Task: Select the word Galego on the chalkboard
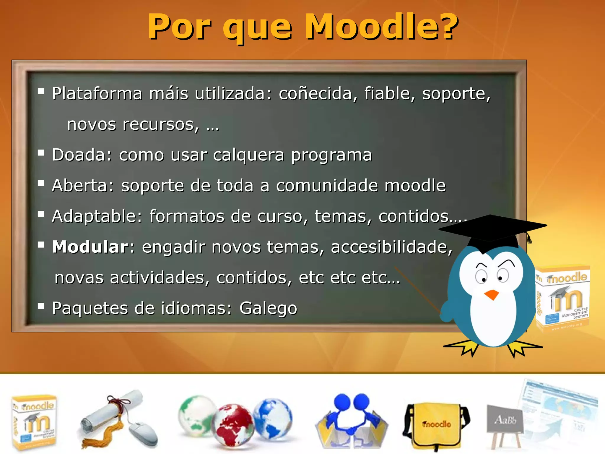click(x=268, y=308)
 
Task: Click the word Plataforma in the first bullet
click(x=97, y=94)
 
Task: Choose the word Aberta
click(x=83, y=186)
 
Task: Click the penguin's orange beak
click(x=492, y=295)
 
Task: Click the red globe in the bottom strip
click(x=233, y=424)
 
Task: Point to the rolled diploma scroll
click(x=109, y=414)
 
